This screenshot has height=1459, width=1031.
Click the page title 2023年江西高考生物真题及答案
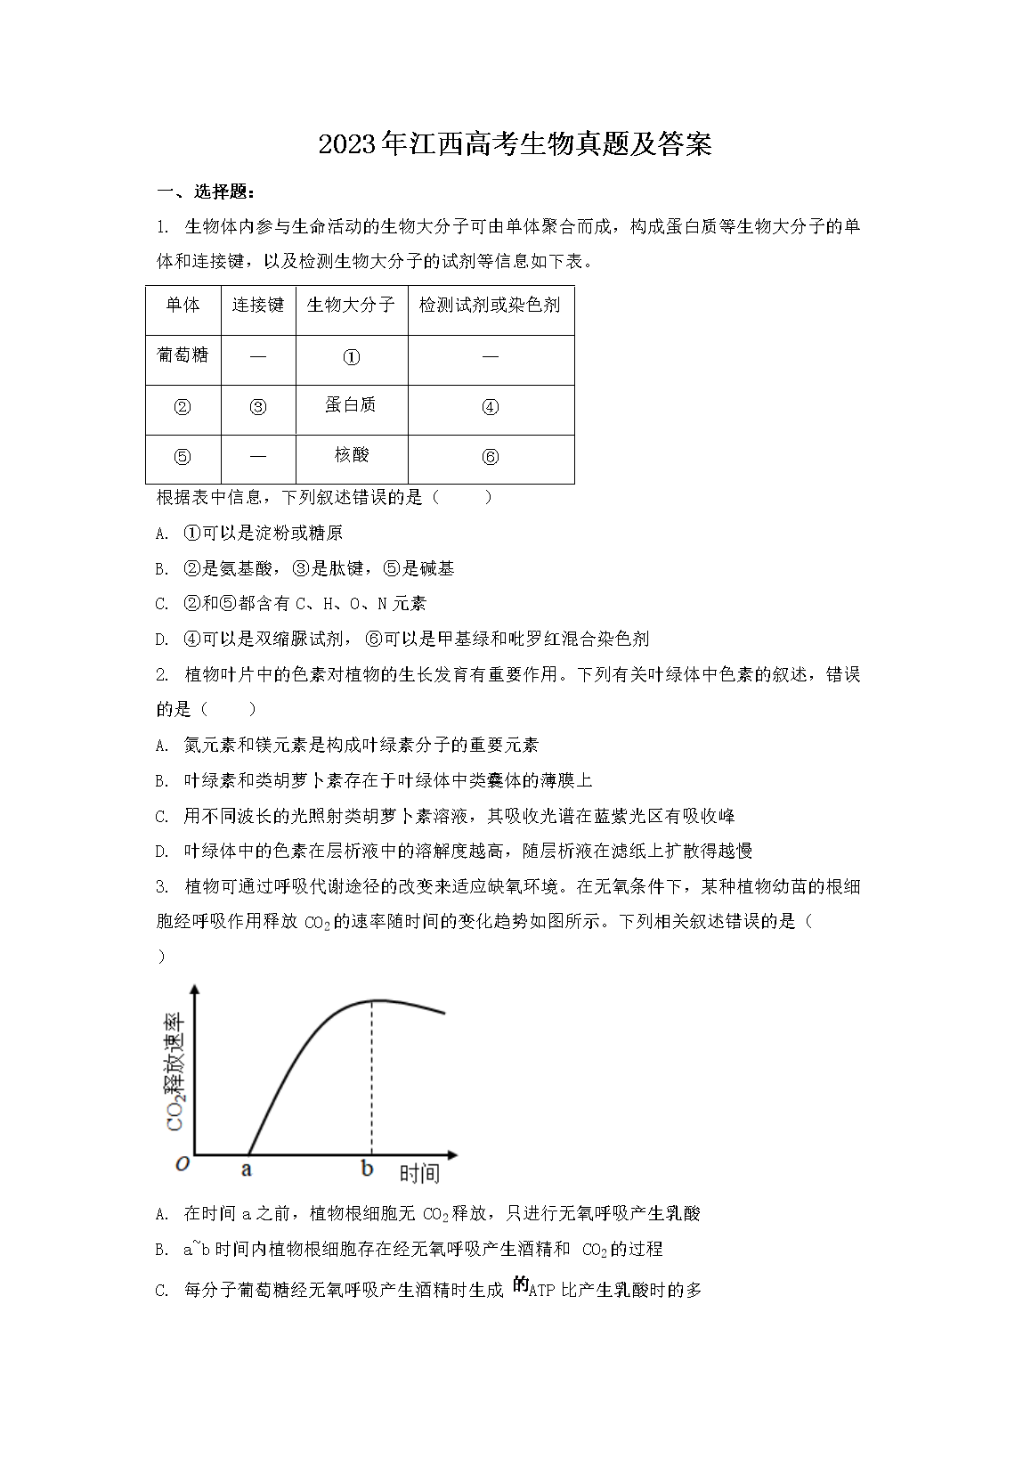(x=515, y=144)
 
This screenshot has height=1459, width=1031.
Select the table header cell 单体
(x=183, y=306)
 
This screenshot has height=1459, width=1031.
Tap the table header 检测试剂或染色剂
(x=490, y=306)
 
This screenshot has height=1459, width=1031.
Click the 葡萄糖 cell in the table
(x=183, y=355)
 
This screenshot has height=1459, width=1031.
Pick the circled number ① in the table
(x=352, y=357)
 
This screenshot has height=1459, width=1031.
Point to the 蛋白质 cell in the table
(x=351, y=405)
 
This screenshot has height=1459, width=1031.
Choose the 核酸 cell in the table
(x=351, y=455)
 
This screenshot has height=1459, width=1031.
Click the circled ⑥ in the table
(x=490, y=457)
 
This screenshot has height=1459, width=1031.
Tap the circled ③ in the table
(x=257, y=407)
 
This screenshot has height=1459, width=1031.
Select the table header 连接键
(x=257, y=306)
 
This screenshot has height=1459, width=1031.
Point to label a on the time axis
(x=247, y=1169)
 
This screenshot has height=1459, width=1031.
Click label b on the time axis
(x=367, y=1169)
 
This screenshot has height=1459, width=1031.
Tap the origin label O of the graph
(x=183, y=1164)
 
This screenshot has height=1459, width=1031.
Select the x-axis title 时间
(x=419, y=1173)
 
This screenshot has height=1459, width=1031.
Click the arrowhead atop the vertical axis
(x=194, y=990)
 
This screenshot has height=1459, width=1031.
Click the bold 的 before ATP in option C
(x=521, y=1285)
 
